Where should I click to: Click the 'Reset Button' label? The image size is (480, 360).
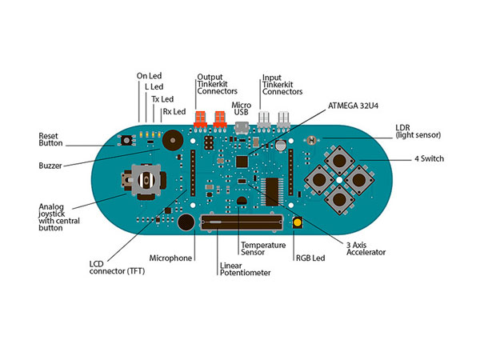click(x=53, y=141)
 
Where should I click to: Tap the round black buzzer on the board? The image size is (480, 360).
click(x=170, y=141)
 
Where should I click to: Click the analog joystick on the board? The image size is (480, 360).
click(x=145, y=181)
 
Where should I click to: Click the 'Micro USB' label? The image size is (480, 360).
click(x=242, y=109)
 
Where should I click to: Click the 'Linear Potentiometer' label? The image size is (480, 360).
click(x=245, y=268)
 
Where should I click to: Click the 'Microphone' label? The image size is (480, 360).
click(x=171, y=258)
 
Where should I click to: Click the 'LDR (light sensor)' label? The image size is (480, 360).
click(x=417, y=131)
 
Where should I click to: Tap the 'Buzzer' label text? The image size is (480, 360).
click(x=52, y=166)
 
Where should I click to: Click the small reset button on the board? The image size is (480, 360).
click(x=126, y=141)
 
